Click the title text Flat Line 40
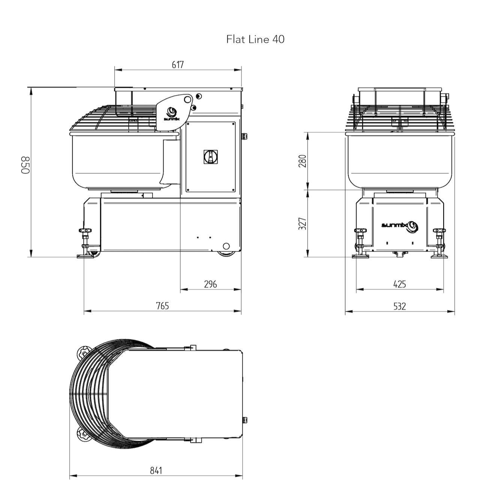[x=255, y=39]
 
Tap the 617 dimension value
[x=178, y=65]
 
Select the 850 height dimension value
[x=25, y=165]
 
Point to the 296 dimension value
[x=210, y=284]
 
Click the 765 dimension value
[x=162, y=306]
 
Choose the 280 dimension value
[x=302, y=161]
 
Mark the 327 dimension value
[x=302, y=223]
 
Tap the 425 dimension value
[x=399, y=284]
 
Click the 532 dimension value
[x=399, y=306]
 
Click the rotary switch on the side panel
[x=211, y=157]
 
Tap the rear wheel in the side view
[x=226, y=253]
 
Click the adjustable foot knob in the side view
[x=85, y=230]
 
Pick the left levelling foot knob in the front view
[x=360, y=230]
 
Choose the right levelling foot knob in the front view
[x=439, y=230]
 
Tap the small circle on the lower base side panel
[x=226, y=246]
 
